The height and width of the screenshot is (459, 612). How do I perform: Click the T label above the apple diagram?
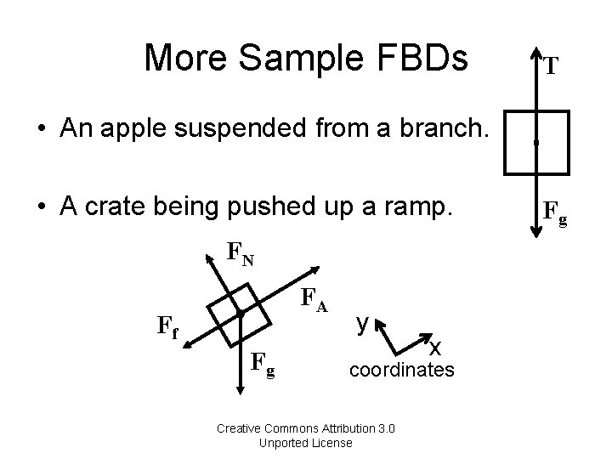[551, 66]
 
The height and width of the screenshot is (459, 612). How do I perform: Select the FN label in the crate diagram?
[241, 253]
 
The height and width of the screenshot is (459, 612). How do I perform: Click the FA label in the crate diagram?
[315, 298]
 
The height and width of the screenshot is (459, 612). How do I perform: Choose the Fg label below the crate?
[263, 365]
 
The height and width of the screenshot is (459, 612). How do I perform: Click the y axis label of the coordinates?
[362, 323]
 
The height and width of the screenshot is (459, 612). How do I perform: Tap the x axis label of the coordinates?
[435, 347]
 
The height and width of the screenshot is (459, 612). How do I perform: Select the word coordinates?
[402, 371]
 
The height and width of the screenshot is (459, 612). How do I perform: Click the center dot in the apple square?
[535, 143]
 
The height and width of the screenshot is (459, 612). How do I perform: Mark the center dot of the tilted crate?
[241, 315]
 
